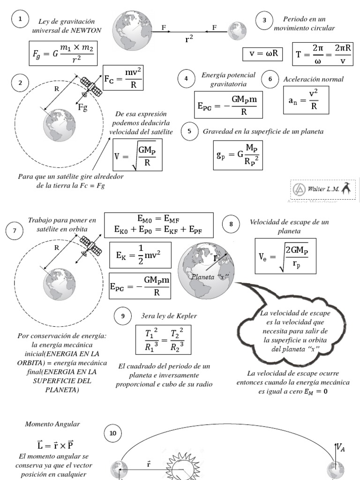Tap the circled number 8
pyautogui.click(x=231, y=224)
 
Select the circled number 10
pyautogui.click(x=112, y=433)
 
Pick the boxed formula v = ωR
pyautogui.click(x=263, y=53)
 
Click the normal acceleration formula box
pyautogui.click(x=306, y=99)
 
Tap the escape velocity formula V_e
pyautogui.click(x=285, y=256)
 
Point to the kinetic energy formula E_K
pyautogui.click(x=140, y=255)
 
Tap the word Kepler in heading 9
pyautogui.click(x=187, y=316)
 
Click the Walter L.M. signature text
pyautogui.click(x=323, y=189)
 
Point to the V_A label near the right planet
pyautogui.click(x=341, y=447)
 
